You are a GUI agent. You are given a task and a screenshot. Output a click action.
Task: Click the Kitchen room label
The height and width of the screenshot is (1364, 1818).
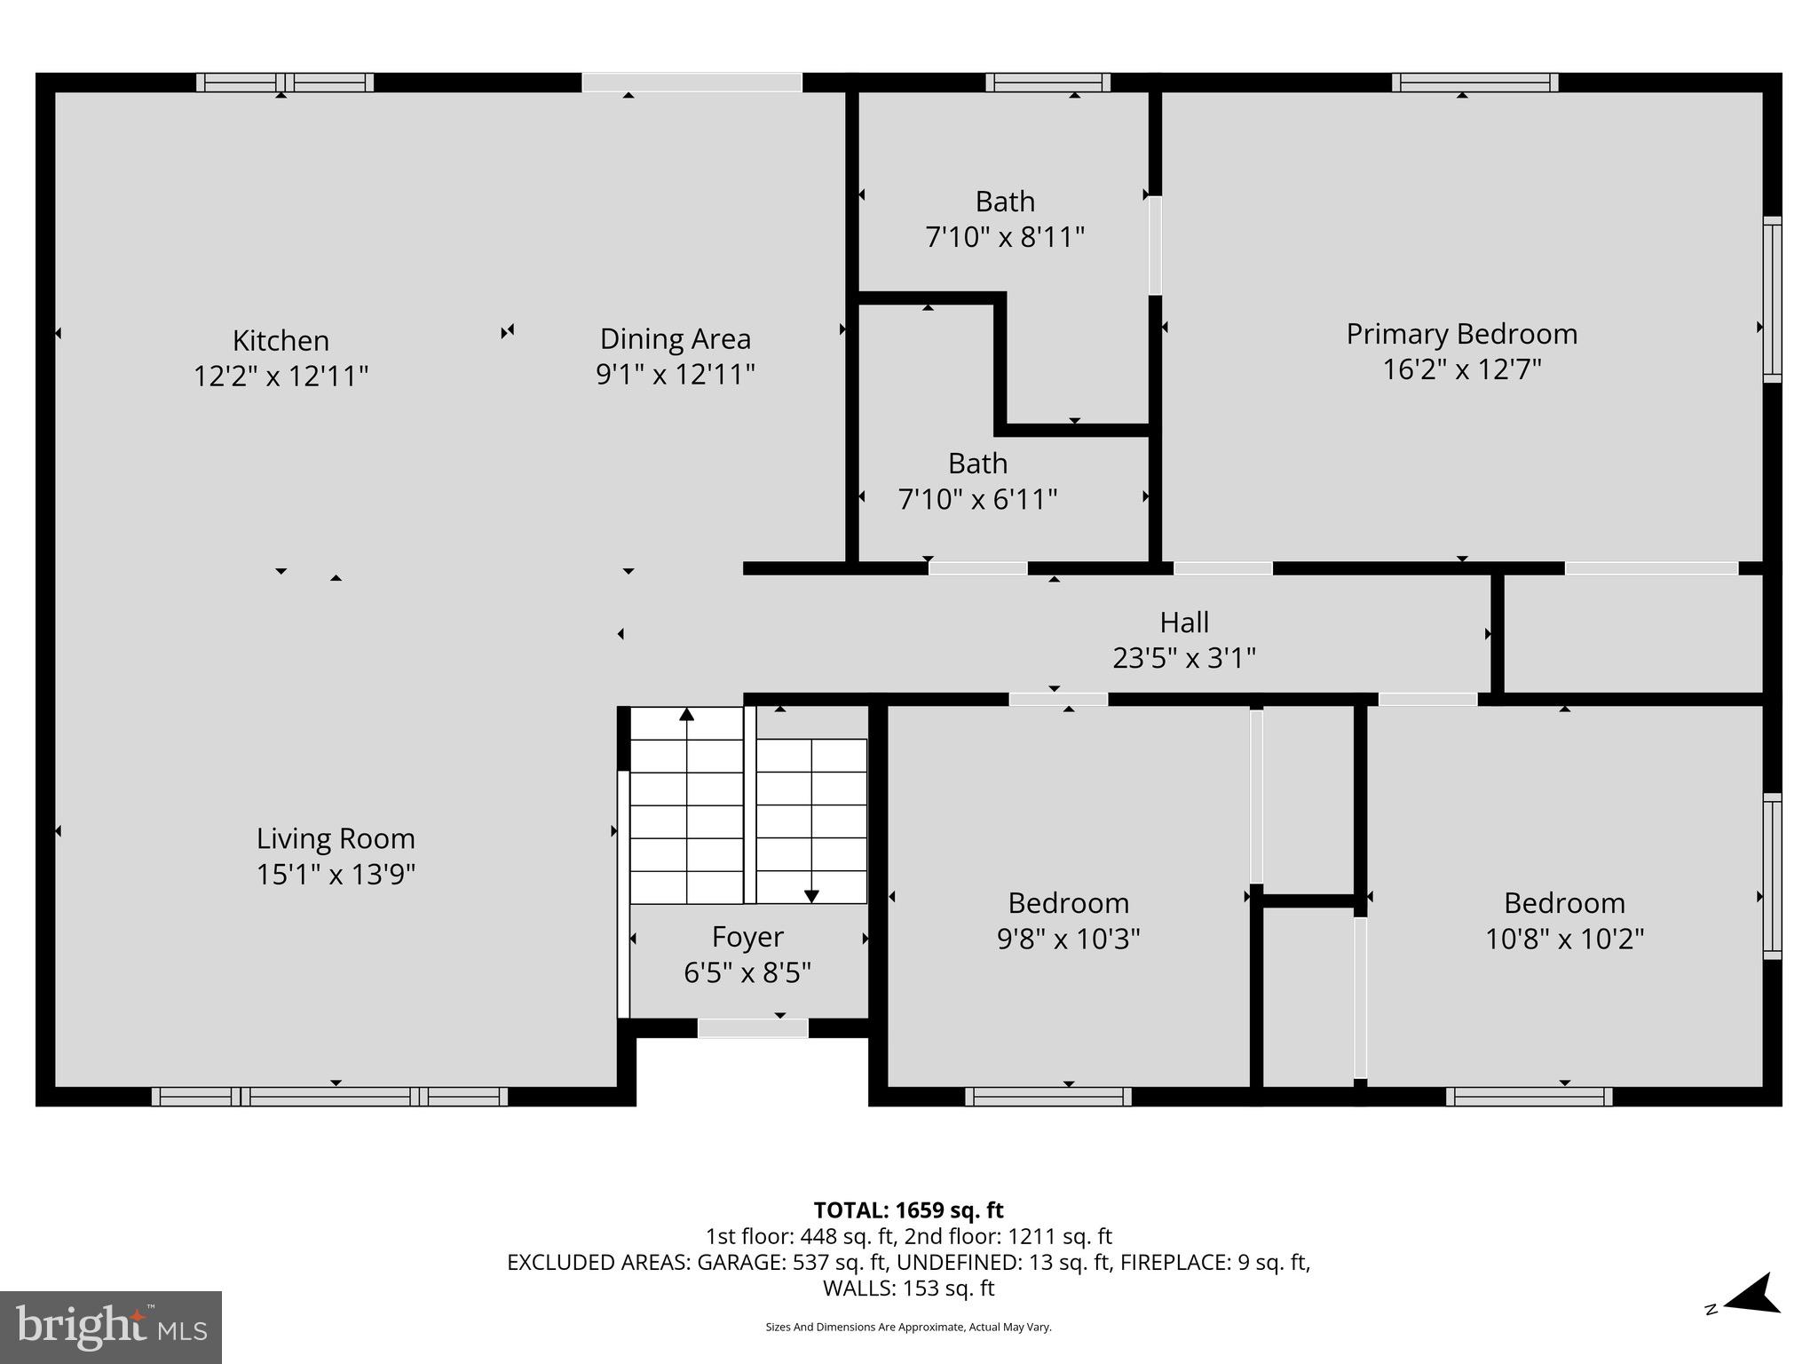click(x=281, y=340)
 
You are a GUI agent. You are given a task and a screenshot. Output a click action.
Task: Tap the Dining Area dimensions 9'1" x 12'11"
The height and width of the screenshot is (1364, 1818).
click(x=675, y=374)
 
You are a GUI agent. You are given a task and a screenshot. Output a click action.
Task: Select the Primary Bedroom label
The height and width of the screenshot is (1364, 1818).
click(x=1461, y=334)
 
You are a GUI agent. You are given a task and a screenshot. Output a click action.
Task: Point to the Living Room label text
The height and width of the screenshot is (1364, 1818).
click(x=336, y=838)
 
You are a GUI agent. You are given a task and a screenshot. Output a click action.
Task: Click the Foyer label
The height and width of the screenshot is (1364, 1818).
click(x=747, y=937)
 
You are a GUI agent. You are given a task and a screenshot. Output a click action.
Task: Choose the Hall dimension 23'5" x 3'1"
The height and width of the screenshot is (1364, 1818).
click(x=1183, y=658)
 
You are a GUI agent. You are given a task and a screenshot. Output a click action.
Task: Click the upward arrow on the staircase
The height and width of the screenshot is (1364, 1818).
click(x=686, y=715)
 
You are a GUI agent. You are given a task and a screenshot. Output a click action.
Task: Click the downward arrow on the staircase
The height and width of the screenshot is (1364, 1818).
click(x=810, y=896)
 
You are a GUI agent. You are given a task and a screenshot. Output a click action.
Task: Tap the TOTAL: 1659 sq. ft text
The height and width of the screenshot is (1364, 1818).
click(x=908, y=1210)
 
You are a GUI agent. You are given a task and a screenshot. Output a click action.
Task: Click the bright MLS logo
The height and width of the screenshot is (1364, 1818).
click(x=111, y=1327)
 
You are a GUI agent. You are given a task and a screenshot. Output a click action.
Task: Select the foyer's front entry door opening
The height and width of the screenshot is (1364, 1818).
click(x=752, y=1028)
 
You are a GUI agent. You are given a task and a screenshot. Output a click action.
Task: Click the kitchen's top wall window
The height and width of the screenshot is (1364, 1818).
click(x=284, y=83)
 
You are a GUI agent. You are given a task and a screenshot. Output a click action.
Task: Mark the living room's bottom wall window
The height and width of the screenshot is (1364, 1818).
click(x=329, y=1097)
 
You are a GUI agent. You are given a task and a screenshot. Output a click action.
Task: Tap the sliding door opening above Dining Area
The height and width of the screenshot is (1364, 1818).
click(x=692, y=83)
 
